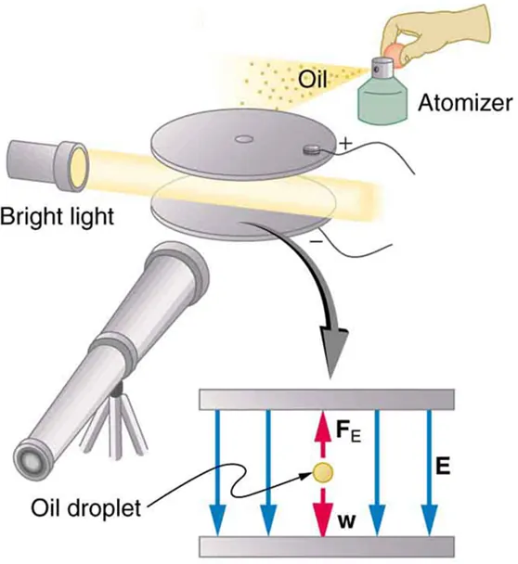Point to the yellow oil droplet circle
(x=322, y=472)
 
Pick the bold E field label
(x=444, y=467)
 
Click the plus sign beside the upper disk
(x=347, y=144)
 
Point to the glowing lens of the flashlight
(x=79, y=166)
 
